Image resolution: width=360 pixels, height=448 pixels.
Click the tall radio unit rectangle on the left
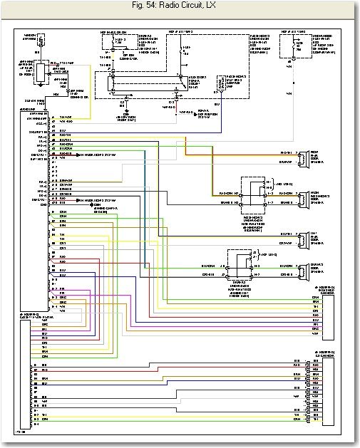[36, 214]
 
